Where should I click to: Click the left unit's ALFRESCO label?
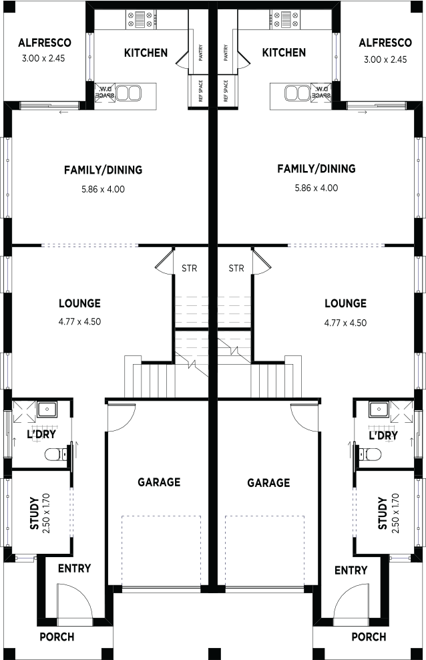[45, 43]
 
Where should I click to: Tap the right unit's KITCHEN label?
[284, 53]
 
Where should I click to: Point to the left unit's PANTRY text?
[200, 53]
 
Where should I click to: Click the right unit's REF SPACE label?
[226, 91]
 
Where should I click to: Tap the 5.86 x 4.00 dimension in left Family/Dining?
[103, 190]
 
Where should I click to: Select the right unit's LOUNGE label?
[345, 303]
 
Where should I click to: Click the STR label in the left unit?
[189, 268]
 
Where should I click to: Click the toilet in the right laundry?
[370, 454]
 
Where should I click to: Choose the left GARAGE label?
[159, 482]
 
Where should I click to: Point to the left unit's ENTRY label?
[74, 568]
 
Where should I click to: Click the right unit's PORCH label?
[369, 637]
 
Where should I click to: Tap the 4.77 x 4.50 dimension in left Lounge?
[79, 321]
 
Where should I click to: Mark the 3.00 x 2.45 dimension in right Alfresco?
[385, 59]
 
